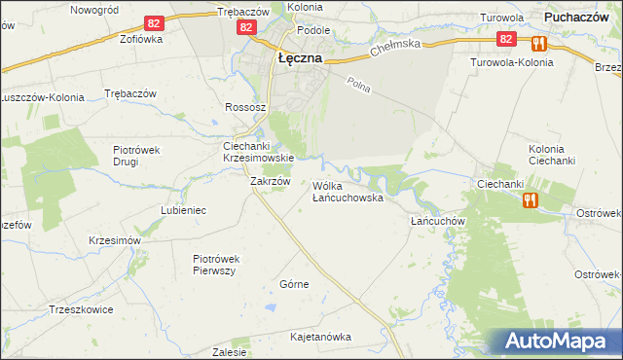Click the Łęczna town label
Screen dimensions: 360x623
point(300,57)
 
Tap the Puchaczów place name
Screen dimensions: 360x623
point(584,17)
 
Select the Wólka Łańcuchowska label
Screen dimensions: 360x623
point(348,191)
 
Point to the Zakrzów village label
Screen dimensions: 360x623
point(271,181)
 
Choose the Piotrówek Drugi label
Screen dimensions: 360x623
point(142,155)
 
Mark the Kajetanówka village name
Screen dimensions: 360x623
point(320,337)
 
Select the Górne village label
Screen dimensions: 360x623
point(294,284)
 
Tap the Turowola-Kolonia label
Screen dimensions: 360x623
point(511,62)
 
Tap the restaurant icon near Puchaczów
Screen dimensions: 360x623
point(537,43)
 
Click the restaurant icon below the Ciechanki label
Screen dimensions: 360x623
point(530,199)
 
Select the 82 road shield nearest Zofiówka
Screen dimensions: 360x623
point(152,22)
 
